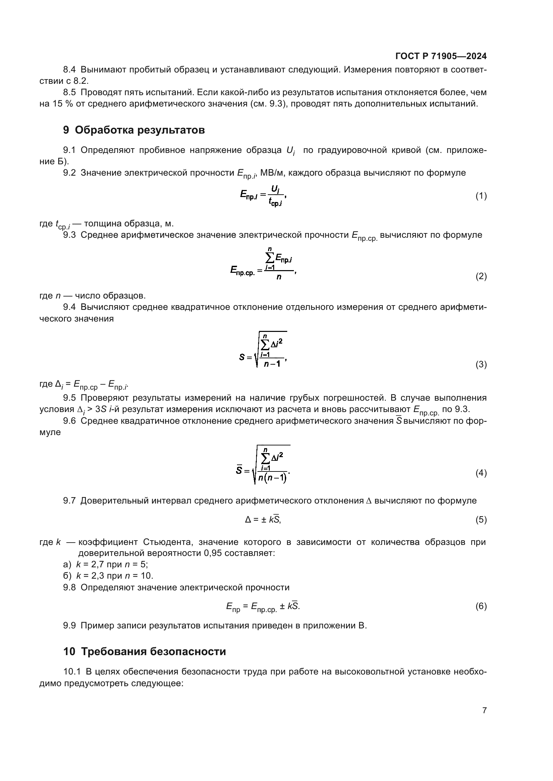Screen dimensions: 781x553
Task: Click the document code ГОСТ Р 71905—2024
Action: [x=441, y=56]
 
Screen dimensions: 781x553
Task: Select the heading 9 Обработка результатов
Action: [x=134, y=130]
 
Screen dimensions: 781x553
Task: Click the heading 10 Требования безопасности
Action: [x=144, y=651]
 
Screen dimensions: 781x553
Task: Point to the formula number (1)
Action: [x=481, y=196]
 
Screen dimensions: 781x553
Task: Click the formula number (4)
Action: [x=481, y=473]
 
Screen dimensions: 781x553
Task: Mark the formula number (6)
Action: [x=481, y=606]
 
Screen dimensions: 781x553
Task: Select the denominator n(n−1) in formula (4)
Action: [x=272, y=477]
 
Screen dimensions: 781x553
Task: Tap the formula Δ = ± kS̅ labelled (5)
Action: [x=263, y=520]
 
